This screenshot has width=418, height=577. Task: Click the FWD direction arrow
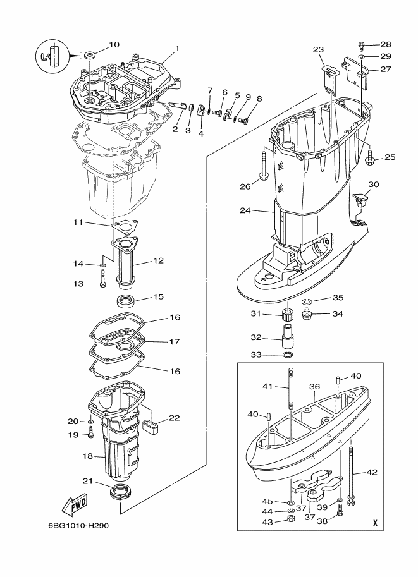click(x=75, y=506)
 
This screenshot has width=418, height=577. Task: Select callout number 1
click(x=177, y=49)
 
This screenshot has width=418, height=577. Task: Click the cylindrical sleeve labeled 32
click(x=289, y=336)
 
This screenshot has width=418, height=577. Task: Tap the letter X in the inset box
click(x=375, y=522)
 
